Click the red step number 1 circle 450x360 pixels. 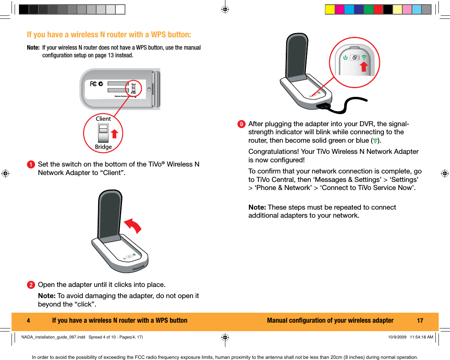click(x=30, y=165)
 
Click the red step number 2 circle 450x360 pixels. click(x=30, y=285)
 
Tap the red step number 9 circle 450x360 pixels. click(x=241, y=124)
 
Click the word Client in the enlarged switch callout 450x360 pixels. click(x=103, y=119)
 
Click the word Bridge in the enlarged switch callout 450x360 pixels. click(x=103, y=147)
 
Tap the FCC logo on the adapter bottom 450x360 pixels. click(x=93, y=84)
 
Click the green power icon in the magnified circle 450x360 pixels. click(x=345, y=58)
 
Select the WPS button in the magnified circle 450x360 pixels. click(x=355, y=58)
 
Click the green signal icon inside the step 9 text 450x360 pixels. click(x=375, y=140)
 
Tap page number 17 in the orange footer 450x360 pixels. click(x=420, y=321)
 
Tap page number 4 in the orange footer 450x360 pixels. click(x=28, y=321)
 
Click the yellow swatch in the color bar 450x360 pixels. click(x=330, y=10)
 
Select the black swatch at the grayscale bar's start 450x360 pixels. click(x=24, y=10)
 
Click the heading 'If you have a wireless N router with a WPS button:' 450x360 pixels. click(x=109, y=35)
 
